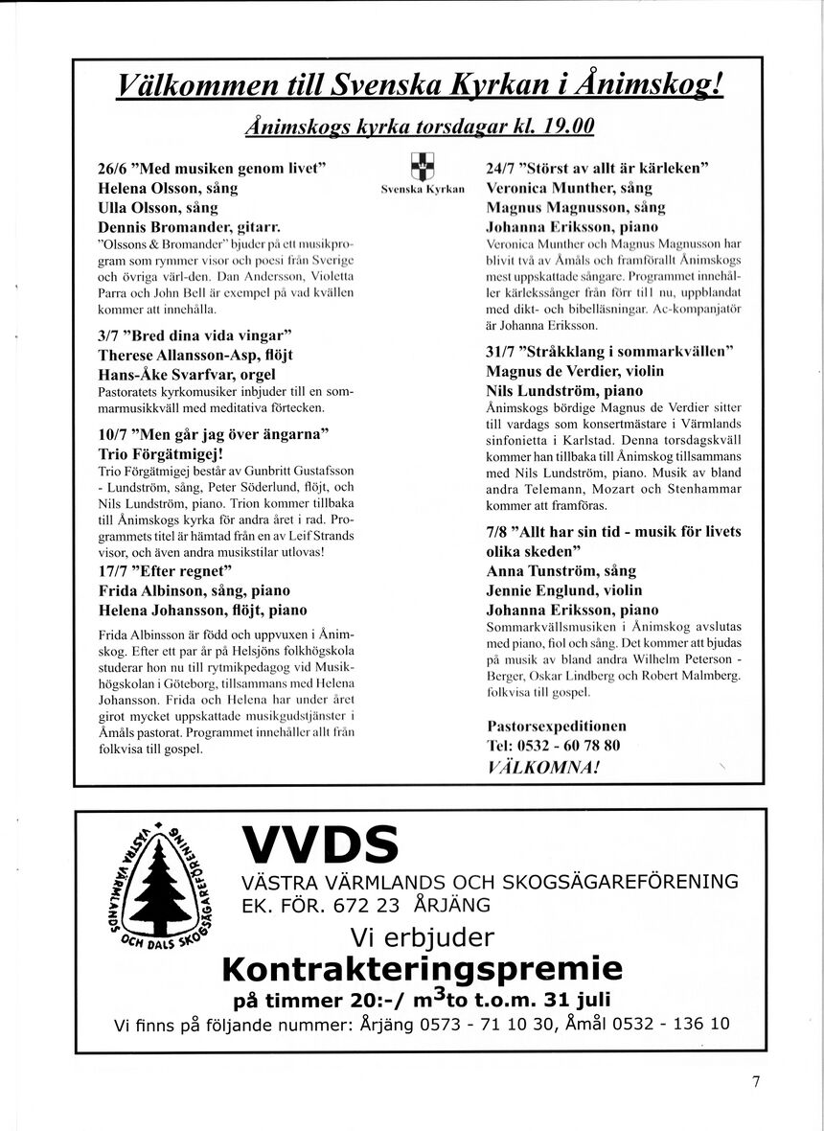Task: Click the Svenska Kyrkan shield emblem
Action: pos(422,167)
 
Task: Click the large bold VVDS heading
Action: pos(320,844)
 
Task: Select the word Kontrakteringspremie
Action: pos(422,967)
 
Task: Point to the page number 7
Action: pos(756,1082)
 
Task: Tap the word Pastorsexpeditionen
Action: pos(556,726)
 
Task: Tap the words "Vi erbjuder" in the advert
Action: pos(422,935)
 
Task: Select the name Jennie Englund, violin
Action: pos(564,589)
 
